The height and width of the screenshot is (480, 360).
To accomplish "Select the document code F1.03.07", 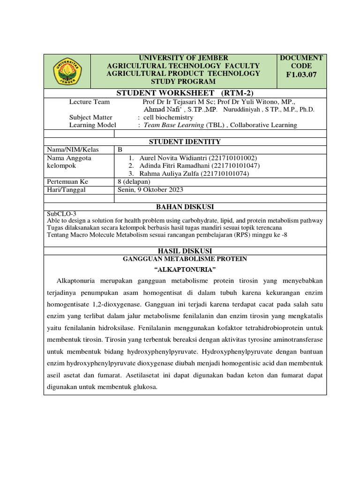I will [301, 75].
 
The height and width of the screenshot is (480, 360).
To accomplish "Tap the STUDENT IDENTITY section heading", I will [185, 142].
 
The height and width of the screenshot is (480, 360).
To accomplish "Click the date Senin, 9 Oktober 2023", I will [150, 190].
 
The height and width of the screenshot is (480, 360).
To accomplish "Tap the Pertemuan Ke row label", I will [67, 182].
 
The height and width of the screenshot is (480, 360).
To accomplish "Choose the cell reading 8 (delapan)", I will [134, 182].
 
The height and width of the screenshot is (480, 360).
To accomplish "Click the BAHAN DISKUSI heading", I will [185, 207].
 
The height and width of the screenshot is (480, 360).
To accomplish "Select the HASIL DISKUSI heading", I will [185, 251].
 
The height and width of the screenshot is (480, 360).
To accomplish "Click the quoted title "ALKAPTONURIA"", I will [185, 270].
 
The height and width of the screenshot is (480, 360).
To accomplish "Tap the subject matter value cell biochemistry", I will [168, 117].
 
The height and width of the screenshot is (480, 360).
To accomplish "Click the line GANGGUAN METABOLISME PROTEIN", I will [185, 259].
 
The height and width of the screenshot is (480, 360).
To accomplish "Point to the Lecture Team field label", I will [90, 102].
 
